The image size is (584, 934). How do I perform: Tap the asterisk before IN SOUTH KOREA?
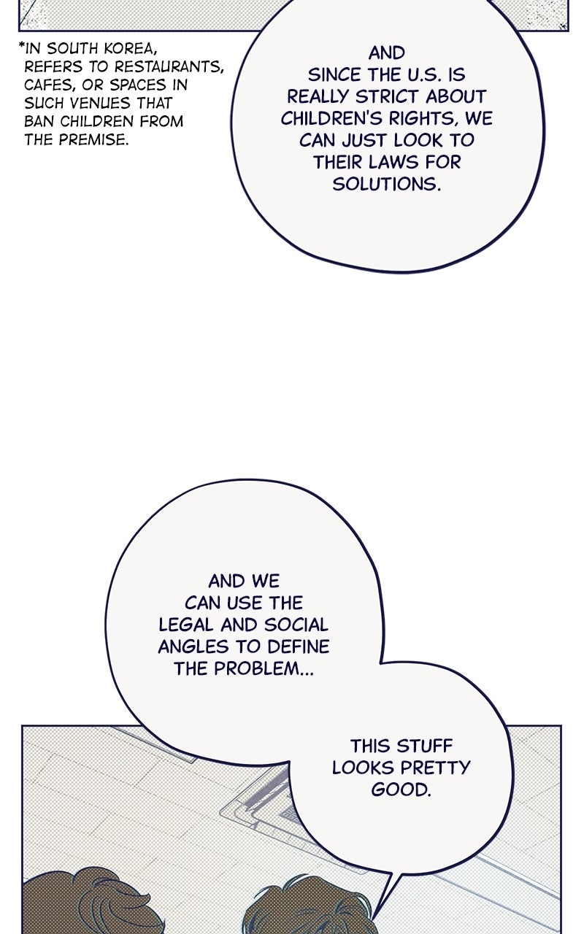point(22,45)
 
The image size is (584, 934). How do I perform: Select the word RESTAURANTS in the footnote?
point(170,66)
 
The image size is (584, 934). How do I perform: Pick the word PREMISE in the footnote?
point(93,139)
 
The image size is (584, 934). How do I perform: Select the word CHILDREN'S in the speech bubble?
point(333,119)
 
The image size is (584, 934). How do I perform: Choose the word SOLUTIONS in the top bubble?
point(387,185)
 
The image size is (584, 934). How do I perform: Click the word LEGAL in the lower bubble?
point(185,625)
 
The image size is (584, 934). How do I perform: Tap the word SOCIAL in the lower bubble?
point(296,625)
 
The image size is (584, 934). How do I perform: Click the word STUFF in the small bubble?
point(424,746)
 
